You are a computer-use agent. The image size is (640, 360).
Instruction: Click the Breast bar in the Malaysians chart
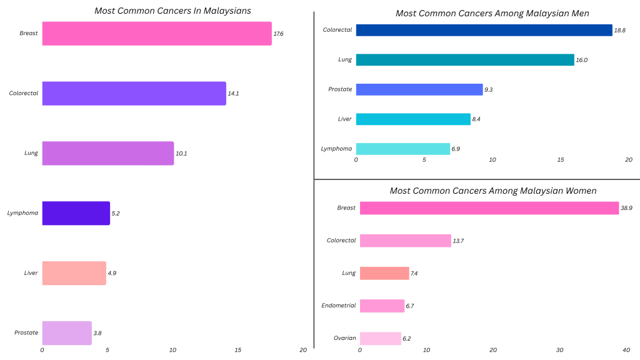pyautogui.click(x=156, y=33)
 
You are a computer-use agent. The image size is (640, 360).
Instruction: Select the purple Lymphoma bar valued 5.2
pyautogui.click(x=76, y=213)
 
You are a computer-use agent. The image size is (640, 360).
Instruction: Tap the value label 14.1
pyautogui.click(x=233, y=93)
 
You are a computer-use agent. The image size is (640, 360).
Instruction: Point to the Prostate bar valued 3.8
pyautogui.click(x=67, y=333)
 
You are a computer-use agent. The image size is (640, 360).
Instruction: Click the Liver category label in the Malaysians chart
pyautogui.click(x=31, y=273)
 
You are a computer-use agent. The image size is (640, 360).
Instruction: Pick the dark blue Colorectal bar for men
pyautogui.click(x=484, y=30)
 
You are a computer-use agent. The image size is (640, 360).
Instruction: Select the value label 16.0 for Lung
pyautogui.click(x=581, y=60)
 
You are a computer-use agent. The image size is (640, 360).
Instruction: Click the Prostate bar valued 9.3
pyautogui.click(x=419, y=89)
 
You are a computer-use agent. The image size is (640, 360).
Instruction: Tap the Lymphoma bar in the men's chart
pyautogui.click(x=403, y=149)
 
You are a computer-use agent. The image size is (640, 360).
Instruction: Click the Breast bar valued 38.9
pyautogui.click(x=489, y=208)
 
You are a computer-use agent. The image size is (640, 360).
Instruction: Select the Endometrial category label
pyautogui.click(x=338, y=306)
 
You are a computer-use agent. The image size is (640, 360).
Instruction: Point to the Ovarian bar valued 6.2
pyautogui.click(x=380, y=338)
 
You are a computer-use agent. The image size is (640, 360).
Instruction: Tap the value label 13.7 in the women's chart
pyautogui.click(x=458, y=241)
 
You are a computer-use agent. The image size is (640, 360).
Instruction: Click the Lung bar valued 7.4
pyautogui.click(x=384, y=273)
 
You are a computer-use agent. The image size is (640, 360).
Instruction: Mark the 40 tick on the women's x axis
pyautogui.click(x=626, y=350)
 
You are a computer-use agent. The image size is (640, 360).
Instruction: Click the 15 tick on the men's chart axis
pyautogui.click(x=561, y=160)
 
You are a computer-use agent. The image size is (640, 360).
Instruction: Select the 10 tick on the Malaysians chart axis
pyautogui.click(x=172, y=350)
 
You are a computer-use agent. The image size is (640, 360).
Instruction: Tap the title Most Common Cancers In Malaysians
pyautogui.click(x=173, y=11)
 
